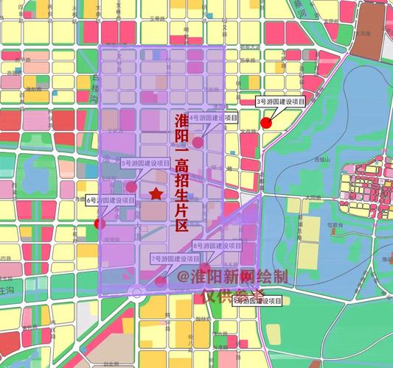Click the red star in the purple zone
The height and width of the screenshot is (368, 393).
click(x=156, y=194)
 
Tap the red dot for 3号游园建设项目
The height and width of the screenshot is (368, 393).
click(x=266, y=123)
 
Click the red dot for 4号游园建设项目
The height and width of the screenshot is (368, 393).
click(x=198, y=142)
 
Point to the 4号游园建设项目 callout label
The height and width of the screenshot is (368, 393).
click(x=214, y=118)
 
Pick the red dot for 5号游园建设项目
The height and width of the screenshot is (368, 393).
click(x=131, y=187)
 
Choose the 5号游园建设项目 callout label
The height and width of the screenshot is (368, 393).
click(x=145, y=163)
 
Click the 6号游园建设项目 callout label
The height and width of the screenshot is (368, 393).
click(x=111, y=200)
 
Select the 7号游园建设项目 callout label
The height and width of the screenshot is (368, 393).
click(x=175, y=259)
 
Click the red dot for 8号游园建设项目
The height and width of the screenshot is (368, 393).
click(x=207, y=267)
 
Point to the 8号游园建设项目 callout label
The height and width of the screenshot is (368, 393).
click(x=218, y=245)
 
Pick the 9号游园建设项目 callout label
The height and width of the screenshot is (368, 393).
click(x=258, y=300)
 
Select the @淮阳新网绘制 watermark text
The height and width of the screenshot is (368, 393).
click(x=232, y=277)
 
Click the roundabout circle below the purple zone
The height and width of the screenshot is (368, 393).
click(x=136, y=293)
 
